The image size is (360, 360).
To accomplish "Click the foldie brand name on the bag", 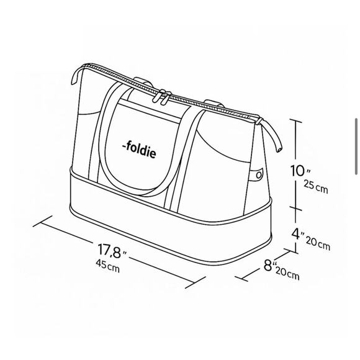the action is tap(139, 150).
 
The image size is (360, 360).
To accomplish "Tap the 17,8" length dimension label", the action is tap(112, 251).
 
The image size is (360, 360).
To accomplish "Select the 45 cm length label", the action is tap(107, 266).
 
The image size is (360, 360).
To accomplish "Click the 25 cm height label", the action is tap(316, 186).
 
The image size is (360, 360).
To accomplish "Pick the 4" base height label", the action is tap(298, 234).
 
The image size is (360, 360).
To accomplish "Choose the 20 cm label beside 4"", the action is tap(318, 243).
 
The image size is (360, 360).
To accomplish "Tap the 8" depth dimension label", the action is tap(269, 266).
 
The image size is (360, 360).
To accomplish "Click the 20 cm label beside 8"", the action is tap(287, 274).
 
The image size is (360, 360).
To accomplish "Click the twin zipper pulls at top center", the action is tap(163, 97).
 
